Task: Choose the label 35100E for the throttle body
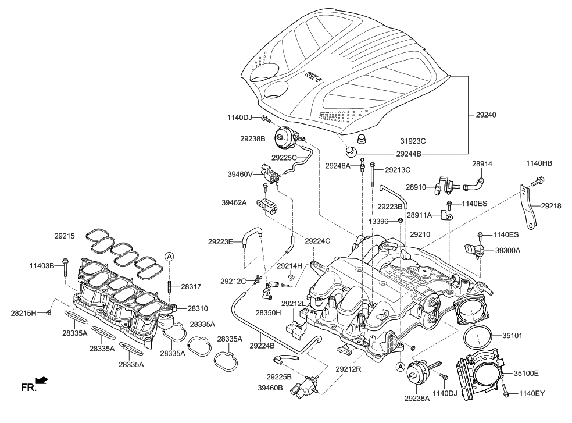pyautogui.click(x=526, y=373)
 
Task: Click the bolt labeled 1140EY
pyautogui.click(x=506, y=393)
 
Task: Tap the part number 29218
pyautogui.click(x=550, y=205)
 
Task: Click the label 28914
pyautogui.click(x=482, y=165)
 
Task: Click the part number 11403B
pyautogui.click(x=42, y=266)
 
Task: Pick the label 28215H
pyautogui.click(x=23, y=313)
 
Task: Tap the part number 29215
pyautogui.click(x=65, y=236)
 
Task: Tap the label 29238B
pyautogui.click(x=251, y=138)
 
